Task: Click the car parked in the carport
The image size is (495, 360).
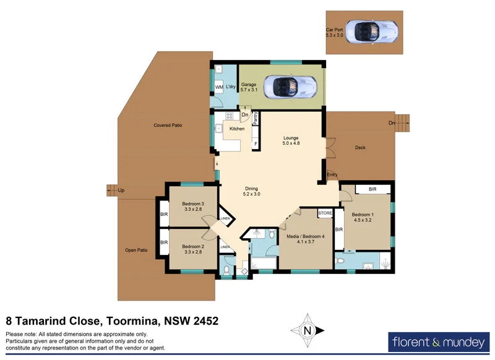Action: click(x=371, y=30)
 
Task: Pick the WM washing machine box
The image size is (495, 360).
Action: click(x=219, y=87)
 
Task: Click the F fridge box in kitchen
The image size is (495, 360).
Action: click(x=255, y=144)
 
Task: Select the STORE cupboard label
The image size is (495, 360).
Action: click(x=325, y=213)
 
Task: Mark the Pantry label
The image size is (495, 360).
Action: click(x=255, y=118)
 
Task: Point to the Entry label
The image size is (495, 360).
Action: click(x=332, y=175)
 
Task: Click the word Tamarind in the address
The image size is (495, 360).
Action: click(x=72, y=321)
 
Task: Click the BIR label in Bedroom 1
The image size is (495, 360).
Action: click(x=373, y=189)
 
